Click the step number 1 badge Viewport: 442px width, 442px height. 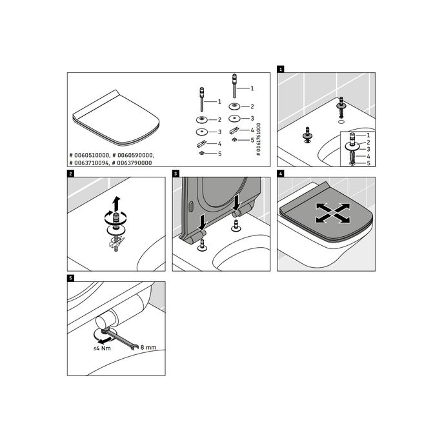pyautogui.click(x=281, y=69)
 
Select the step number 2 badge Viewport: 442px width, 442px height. pyautogui.click(x=70, y=174)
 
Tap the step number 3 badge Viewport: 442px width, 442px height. pyautogui.click(x=176, y=174)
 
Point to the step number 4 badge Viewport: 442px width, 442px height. pyautogui.click(x=281, y=174)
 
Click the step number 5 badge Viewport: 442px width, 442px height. pyautogui.click(x=70, y=279)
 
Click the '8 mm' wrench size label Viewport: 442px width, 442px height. pyautogui.click(x=148, y=347)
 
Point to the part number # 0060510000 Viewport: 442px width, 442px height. pyautogui.click(x=89, y=156)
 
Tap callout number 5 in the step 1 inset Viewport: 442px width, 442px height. pyautogui.click(x=368, y=163)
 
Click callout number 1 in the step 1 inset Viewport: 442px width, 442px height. pyautogui.click(x=368, y=135)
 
